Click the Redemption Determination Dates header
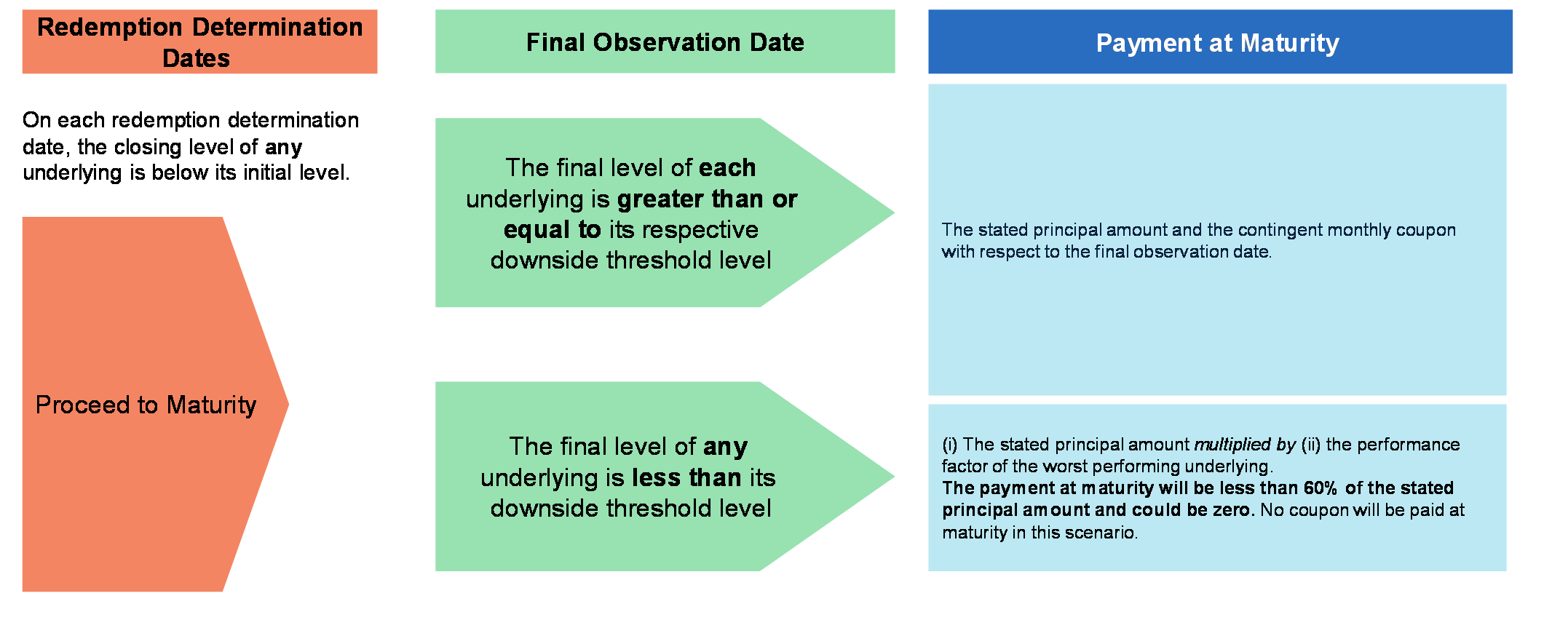click(199, 41)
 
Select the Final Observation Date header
click(665, 41)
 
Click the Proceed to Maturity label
click(146, 405)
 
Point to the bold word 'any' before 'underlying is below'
click(283, 148)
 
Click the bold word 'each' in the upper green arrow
click(727, 167)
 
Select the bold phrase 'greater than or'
click(707, 199)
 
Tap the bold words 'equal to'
click(552, 230)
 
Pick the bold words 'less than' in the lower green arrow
click(686, 477)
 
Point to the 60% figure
click(1320, 488)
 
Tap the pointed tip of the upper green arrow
click(893, 212)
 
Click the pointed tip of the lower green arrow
click(893, 477)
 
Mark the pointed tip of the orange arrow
click(288, 404)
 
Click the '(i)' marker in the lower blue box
click(949, 445)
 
